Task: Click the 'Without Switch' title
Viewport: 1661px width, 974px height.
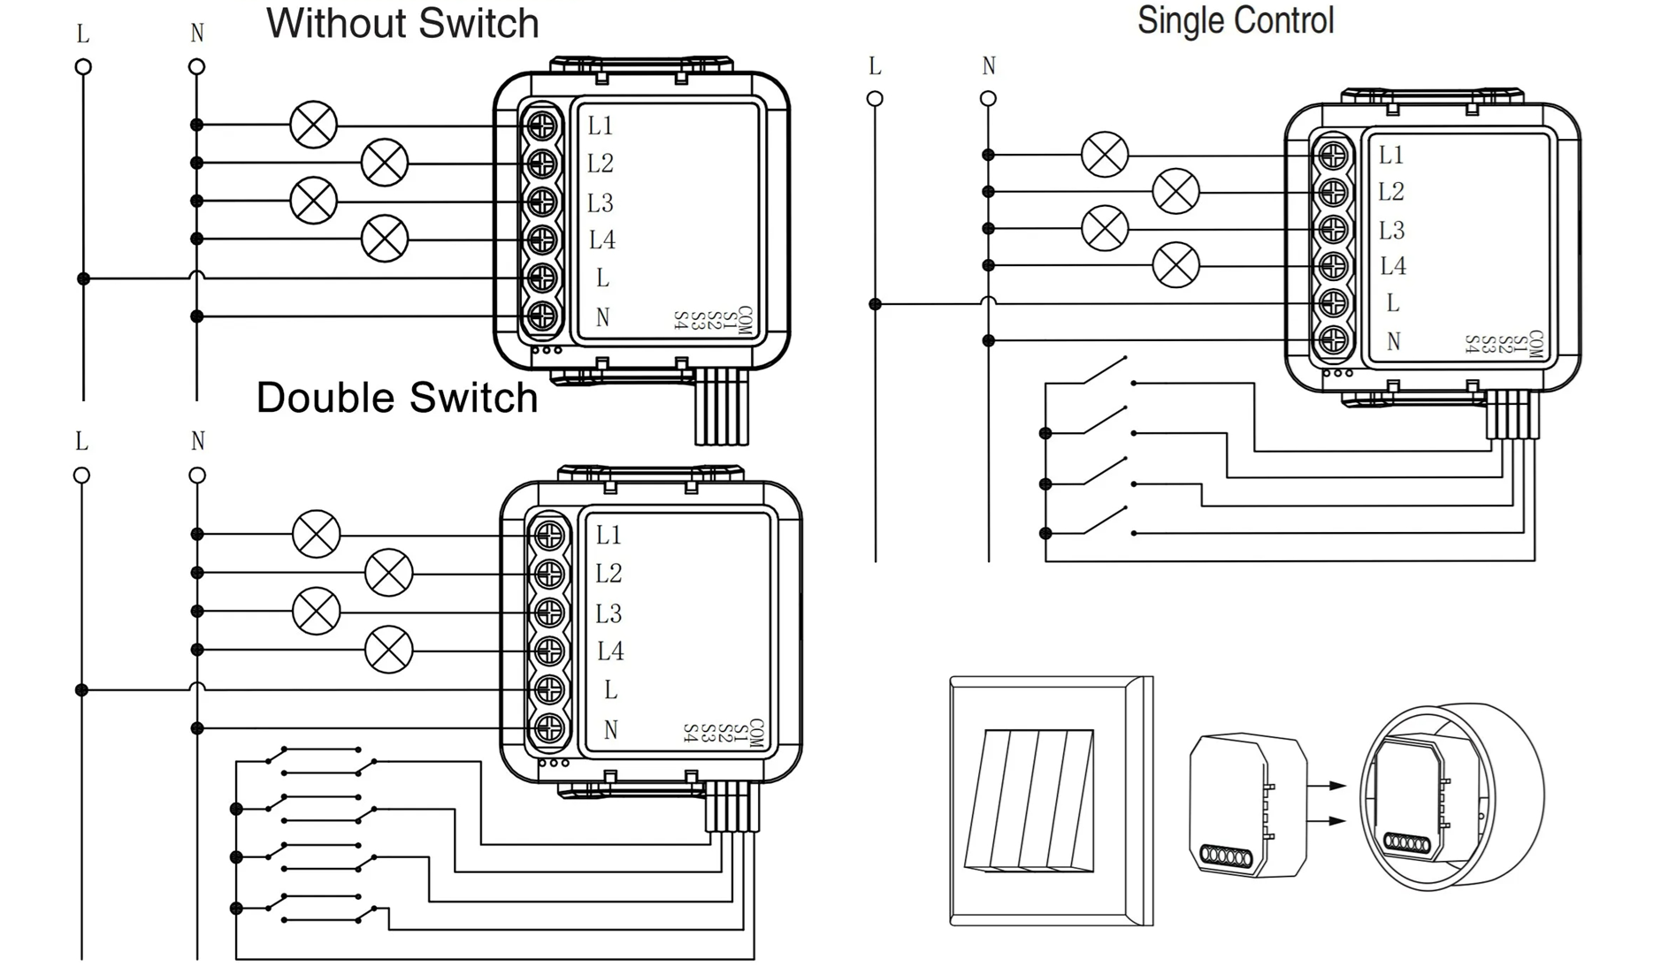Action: [x=402, y=24]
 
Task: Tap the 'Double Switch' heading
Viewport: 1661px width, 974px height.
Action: [x=397, y=398]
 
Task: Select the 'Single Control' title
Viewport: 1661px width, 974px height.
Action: [x=1235, y=20]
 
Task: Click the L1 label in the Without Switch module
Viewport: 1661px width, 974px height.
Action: [x=600, y=126]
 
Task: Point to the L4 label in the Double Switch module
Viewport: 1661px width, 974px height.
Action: [x=610, y=651]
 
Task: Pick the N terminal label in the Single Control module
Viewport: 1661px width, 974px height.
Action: [x=1394, y=341]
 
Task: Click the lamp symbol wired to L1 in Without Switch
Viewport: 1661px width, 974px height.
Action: [x=314, y=125]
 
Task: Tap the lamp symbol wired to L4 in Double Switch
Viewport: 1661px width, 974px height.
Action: [x=389, y=650]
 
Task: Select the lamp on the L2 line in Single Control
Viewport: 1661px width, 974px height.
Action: [x=1175, y=191]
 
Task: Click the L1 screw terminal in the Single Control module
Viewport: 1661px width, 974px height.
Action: [x=1333, y=156]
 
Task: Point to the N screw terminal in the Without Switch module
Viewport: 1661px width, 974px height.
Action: [x=542, y=316]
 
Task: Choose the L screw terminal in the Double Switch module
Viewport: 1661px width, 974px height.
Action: [x=549, y=689]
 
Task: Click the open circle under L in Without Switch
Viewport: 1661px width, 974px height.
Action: [x=83, y=67]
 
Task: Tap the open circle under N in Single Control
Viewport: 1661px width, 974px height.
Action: [x=989, y=99]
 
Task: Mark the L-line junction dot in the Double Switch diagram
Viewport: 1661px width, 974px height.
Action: [x=82, y=689]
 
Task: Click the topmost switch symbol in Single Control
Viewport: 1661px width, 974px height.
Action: [x=1106, y=372]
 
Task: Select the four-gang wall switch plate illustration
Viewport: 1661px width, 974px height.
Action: [x=1051, y=801]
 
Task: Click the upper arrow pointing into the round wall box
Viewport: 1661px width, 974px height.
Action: [x=1326, y=785]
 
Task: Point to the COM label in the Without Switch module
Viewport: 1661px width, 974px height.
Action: [x=744, y=321]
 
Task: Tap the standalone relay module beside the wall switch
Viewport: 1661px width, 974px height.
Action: [x=1246, y=804]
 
